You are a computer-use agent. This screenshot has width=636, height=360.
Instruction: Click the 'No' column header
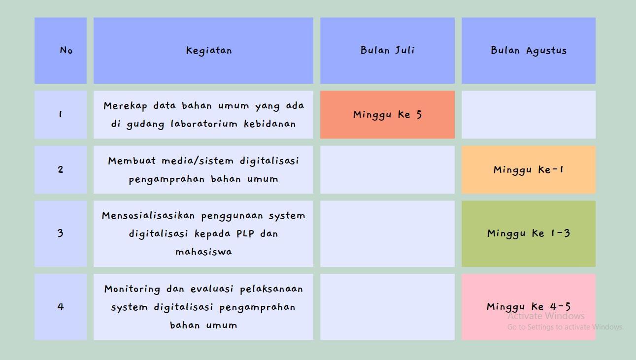(66, 50)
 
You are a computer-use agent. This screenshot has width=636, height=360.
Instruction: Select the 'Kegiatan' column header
(209, 50)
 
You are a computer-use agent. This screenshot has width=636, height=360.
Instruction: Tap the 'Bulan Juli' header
(387, 50)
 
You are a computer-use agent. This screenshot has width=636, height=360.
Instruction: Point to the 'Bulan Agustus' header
(529, 50)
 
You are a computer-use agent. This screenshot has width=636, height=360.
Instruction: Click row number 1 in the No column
(61, 114)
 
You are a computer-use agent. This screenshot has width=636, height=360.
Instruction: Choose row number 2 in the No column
(61, 169)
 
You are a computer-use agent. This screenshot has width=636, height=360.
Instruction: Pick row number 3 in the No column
(61, 233)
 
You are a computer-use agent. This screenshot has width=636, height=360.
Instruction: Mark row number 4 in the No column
(61, 306)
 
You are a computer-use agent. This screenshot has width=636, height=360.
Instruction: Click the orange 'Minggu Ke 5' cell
(387, 115)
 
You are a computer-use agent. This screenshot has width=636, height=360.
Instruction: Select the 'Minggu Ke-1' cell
(529, 170)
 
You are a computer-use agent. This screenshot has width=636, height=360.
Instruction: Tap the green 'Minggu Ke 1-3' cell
(529, 233)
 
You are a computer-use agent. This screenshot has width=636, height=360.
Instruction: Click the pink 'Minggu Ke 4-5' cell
(529, 306)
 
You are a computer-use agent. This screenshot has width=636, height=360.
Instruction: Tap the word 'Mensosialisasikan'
(147, 216)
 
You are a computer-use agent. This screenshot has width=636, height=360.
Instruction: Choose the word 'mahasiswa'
(203, 252)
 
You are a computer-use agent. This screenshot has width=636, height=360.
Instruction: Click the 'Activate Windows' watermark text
(546, 316)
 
